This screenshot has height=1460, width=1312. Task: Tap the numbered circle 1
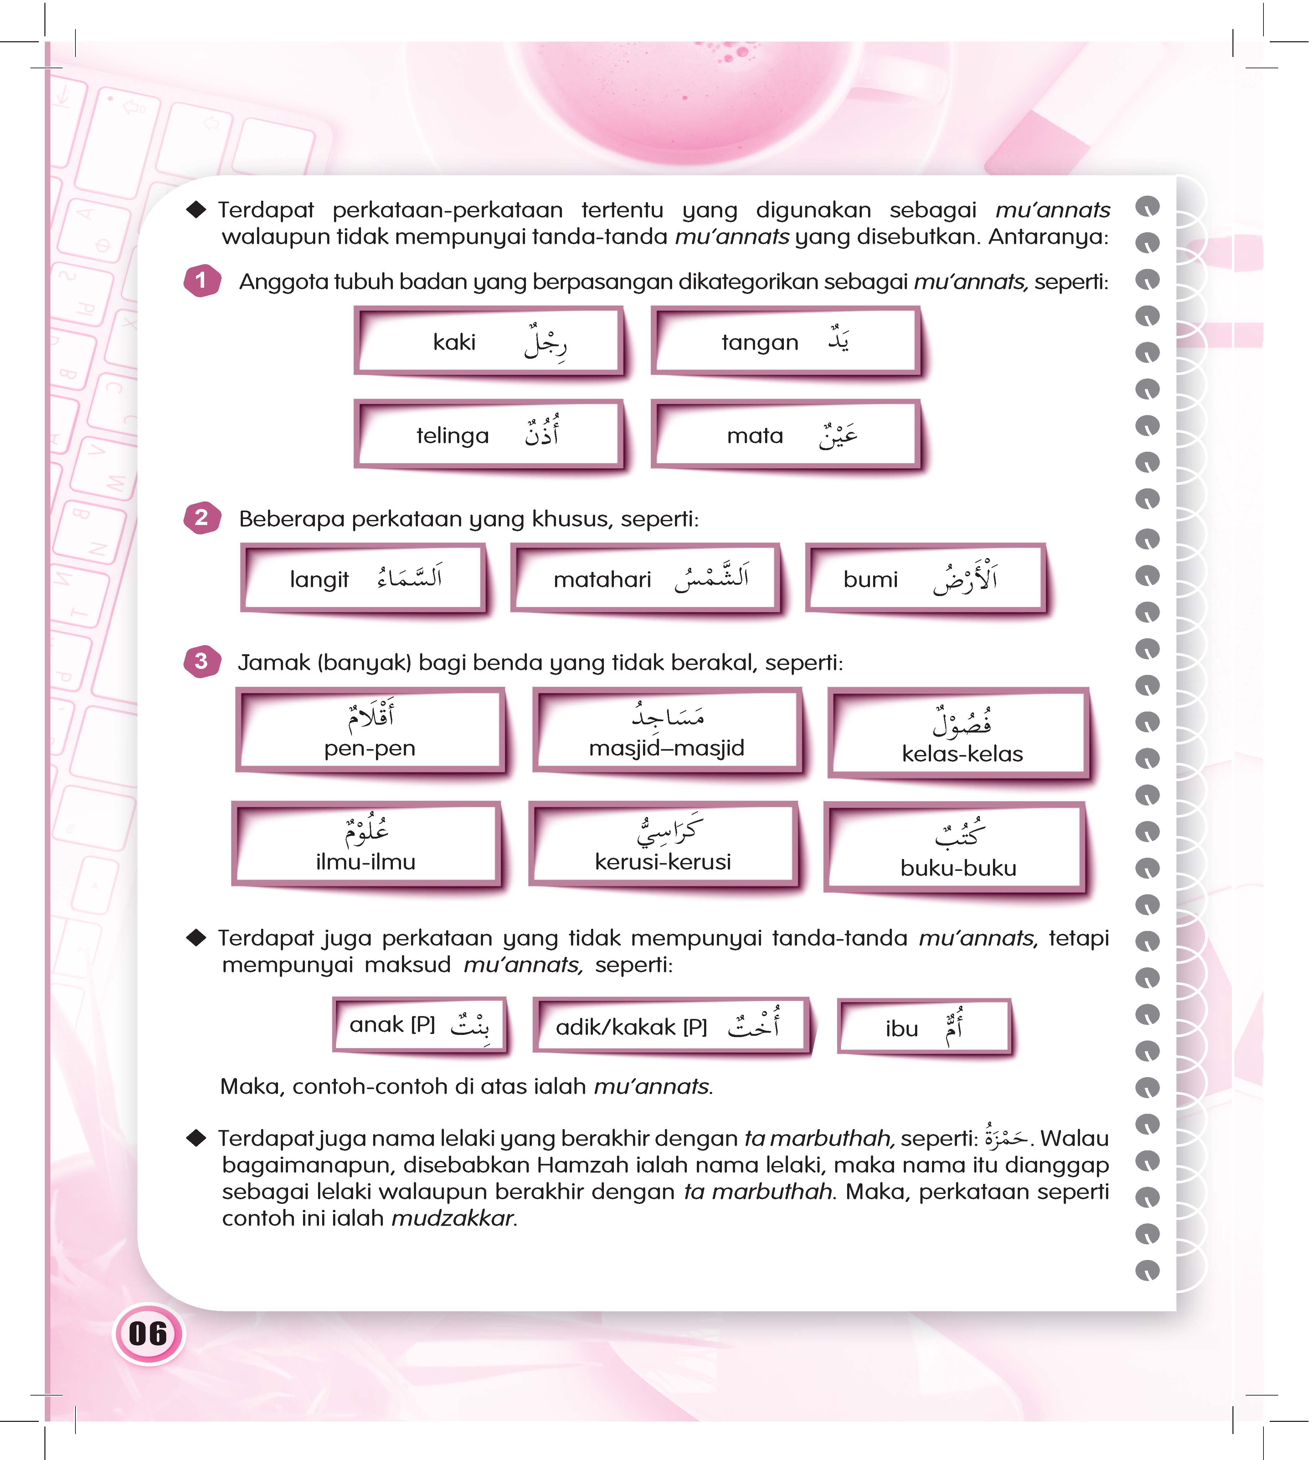(201, 280)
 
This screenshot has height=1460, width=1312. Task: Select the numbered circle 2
(201, 518)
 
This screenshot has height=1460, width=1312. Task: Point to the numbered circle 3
(201, 661)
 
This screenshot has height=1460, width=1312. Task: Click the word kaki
(454, 342)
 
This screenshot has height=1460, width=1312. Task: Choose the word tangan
(760, 342)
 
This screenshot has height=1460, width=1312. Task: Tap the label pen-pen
(370, 748)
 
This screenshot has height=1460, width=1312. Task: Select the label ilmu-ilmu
(365, 861)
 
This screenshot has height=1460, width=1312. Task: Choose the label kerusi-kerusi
(662, 861)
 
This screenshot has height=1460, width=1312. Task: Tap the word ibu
(902, 1029)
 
